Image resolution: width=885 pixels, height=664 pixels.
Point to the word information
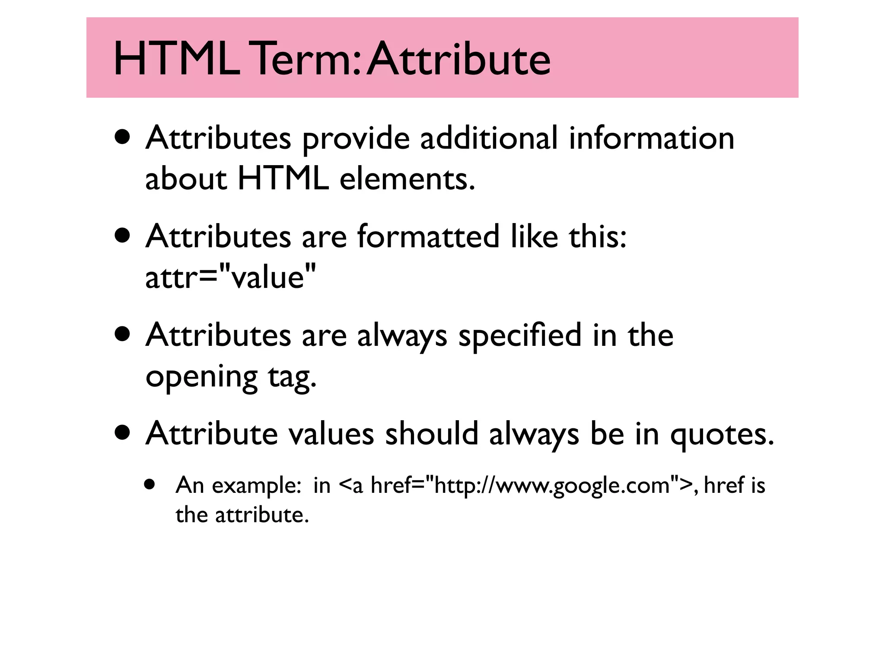(x=651, y=138)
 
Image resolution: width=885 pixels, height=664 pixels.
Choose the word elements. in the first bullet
(x=407, y=179)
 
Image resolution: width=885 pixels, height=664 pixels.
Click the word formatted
(x=428, y=237)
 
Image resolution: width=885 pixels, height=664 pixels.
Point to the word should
(x=432, y=434)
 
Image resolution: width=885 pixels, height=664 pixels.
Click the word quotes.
(x=722, y=434)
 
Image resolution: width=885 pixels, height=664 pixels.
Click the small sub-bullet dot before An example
(x=150, y=484)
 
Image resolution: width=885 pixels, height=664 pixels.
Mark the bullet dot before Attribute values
(x=123, y=433)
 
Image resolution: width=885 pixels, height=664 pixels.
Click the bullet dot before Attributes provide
(x=123, y=137)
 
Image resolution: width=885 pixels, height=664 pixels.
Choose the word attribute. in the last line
(x=262, y=515)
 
